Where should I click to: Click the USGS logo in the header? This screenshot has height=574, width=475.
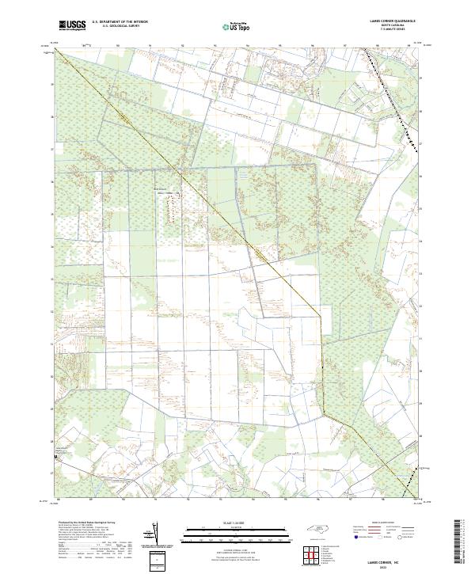click(73, 26)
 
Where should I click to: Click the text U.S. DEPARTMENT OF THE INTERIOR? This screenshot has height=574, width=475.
click(120, 22)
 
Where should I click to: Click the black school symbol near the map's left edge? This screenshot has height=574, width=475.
click(55, 457)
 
